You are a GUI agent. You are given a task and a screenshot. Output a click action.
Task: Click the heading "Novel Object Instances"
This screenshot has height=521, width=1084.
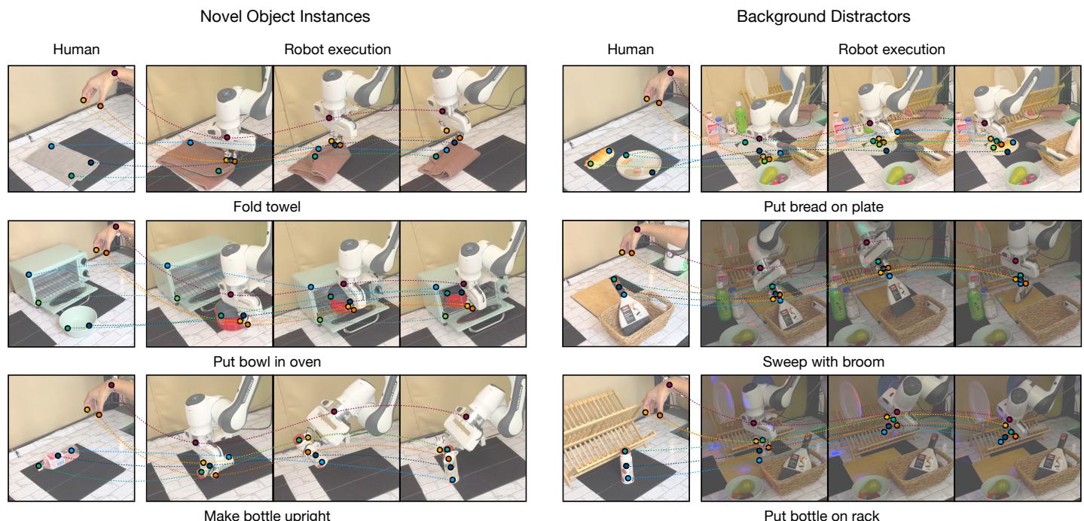coord(285,17)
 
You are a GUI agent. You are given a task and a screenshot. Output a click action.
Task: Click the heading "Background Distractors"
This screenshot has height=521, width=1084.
coord(823,17)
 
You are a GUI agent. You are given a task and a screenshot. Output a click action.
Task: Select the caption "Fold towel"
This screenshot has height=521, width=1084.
coord(267,206)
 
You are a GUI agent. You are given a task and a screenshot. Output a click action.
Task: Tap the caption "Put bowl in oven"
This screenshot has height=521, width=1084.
coord(267,362)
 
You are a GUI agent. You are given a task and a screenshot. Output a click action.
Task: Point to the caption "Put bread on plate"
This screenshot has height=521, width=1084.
coord(823,206)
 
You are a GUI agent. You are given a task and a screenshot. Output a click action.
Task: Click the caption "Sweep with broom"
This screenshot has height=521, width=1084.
coord(823,362)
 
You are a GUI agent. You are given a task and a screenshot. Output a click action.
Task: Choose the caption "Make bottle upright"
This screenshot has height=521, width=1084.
coord(267,515)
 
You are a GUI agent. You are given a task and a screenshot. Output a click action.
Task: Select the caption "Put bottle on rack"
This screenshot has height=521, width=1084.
coord(821,515)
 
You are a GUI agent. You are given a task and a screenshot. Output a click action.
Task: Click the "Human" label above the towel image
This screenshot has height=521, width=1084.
coord(76,50)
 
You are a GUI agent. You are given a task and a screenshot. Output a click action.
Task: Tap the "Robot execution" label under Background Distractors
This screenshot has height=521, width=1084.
coord(891,50)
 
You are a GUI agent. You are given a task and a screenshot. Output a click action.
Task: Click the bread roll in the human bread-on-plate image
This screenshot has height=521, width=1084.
coord(598,157)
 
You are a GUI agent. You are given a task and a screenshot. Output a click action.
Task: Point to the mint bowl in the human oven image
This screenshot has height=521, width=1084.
coord(78,320)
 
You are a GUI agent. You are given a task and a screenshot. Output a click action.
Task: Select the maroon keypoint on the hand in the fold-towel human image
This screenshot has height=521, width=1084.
coord(115,73)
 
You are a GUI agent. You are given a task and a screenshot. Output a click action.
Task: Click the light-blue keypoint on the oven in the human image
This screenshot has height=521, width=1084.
coord(29,275)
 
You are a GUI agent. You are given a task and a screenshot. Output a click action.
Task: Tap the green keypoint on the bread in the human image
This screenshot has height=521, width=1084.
coord(591,164)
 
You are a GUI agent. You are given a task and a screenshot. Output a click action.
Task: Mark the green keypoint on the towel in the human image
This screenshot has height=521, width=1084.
coord(71,175)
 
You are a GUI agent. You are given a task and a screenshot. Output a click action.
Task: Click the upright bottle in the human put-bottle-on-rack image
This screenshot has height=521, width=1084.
coord(627,466)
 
